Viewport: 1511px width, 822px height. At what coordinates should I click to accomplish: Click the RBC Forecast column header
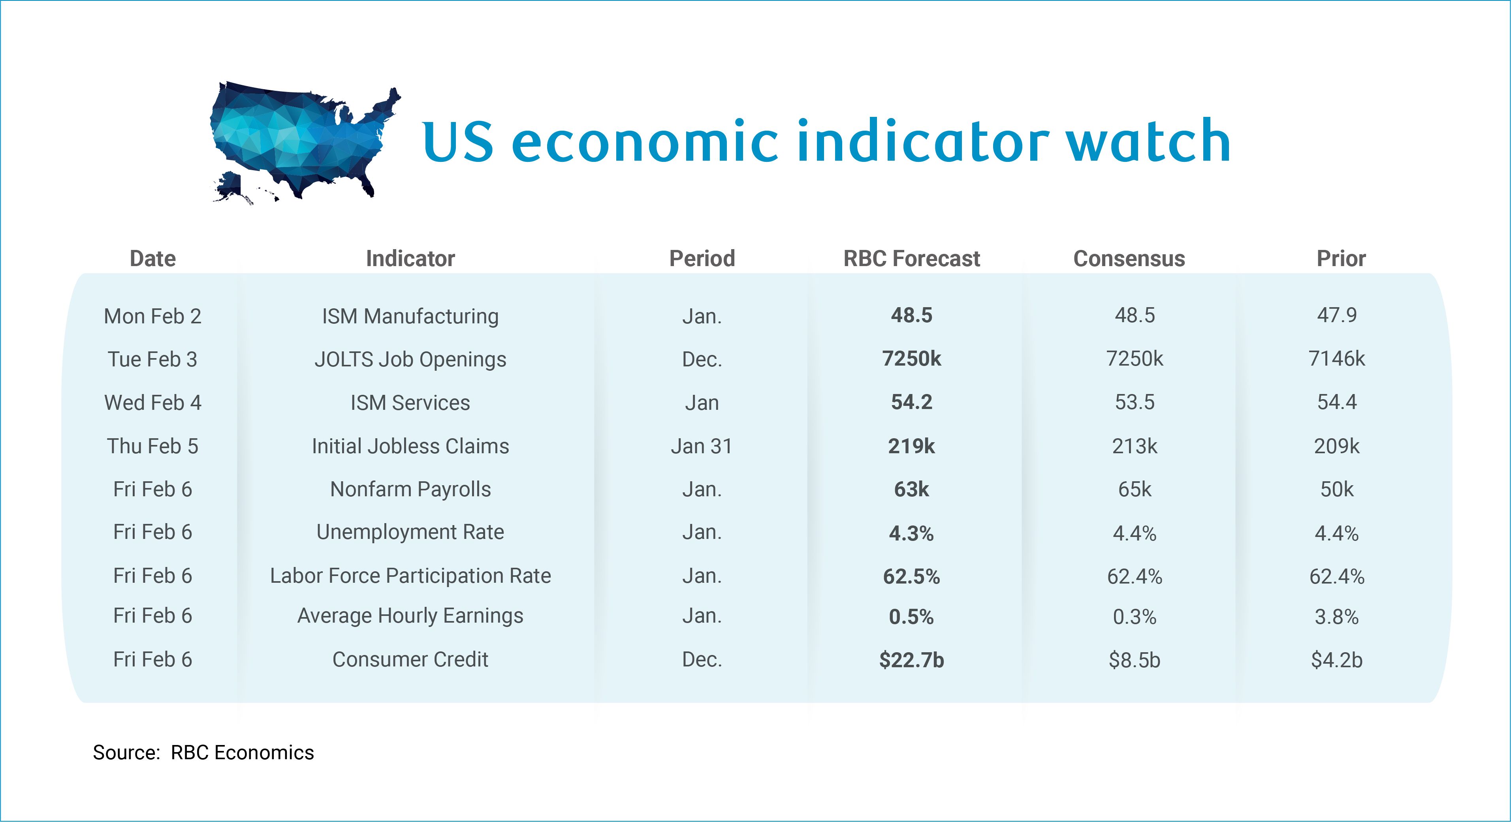(x=911, y=259)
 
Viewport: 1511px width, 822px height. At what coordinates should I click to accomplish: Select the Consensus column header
(x=1129, y=259)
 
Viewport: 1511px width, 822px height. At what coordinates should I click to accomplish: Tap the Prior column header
(x=1341, y=259)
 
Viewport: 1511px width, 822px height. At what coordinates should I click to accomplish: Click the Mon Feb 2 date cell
(x=152, y=316)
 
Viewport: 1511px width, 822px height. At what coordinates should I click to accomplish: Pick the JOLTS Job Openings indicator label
(x=410, y=359)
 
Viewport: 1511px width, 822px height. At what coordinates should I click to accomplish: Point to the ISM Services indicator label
(x=410, y=403)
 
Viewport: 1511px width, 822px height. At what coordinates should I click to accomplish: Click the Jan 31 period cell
(x=702, y=446)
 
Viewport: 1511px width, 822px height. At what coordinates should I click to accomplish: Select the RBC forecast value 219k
(x=911, y=446)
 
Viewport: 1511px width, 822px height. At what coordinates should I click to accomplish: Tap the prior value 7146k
(x=1336, y=358)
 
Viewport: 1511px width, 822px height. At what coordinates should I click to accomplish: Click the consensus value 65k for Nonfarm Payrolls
(x=1135, y=489)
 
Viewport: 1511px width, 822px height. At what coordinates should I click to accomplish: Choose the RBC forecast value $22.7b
(x=911, y=660)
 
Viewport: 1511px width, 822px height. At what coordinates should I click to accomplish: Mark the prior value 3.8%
(x=1336, y=617)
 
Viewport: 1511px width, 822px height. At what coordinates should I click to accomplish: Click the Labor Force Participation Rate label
(x=410, y=576)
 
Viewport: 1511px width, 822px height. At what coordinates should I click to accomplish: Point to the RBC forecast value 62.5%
(x=911, y=576)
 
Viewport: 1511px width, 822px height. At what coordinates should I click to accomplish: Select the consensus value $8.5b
(x=1135, y=660)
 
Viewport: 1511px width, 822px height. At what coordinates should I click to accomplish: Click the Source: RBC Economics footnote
(x=203, y=752)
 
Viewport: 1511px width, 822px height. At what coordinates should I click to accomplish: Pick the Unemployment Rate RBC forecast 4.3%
(x=911, y=533)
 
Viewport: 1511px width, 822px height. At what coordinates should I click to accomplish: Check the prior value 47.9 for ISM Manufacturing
(x=1336, y=315)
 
